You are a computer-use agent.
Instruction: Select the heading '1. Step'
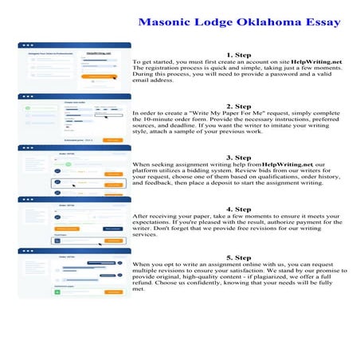(238, 53)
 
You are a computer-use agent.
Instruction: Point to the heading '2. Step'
(238, 106)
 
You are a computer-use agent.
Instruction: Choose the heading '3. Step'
(238, 157)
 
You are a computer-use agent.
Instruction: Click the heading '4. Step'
(238, 208)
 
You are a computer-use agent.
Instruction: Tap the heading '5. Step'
(238, 258)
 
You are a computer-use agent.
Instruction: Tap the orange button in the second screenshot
(112, 139)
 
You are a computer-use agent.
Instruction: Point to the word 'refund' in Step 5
(143, 286)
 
